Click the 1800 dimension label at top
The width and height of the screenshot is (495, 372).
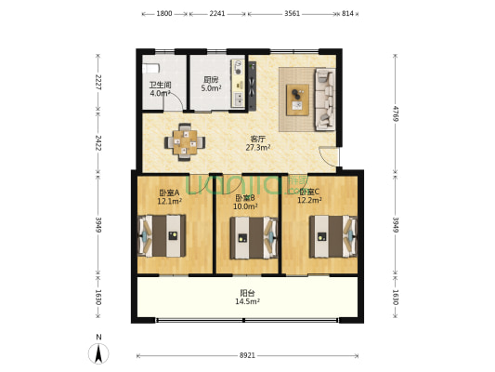(x=164, y=14)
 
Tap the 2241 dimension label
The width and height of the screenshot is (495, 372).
(x=217, y=14)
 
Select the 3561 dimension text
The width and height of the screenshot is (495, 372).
(x=292, y=14)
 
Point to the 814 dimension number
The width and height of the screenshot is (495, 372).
(x=347, y=14)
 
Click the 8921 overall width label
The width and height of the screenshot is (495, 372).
(x=247, y=355)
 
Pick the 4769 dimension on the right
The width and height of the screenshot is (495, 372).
(x=396, y=114)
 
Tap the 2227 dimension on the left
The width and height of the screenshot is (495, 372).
(x=98, y=82)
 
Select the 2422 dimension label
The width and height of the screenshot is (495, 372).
(x=98, y=143)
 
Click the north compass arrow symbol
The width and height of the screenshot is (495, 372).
(x=98, y=353)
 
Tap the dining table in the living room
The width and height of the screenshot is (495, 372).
(x=185, y=142)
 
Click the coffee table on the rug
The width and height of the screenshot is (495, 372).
(x=297, y=100)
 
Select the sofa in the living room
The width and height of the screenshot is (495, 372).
(x=325, y=100)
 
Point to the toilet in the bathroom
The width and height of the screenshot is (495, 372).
(x=150, y=68)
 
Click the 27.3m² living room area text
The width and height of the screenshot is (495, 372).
(x=258, y=148)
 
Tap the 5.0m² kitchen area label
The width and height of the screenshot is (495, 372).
(x=211, y=88)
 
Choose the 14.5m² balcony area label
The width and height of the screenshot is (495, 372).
(x=247, y=301)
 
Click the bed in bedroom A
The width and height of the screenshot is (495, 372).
(x=162, y=236)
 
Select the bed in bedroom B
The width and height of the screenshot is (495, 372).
(x=254, y=238)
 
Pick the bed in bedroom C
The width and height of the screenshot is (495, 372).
(x=333, y=236)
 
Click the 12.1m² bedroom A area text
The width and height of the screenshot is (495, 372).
(x=170, y=201)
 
